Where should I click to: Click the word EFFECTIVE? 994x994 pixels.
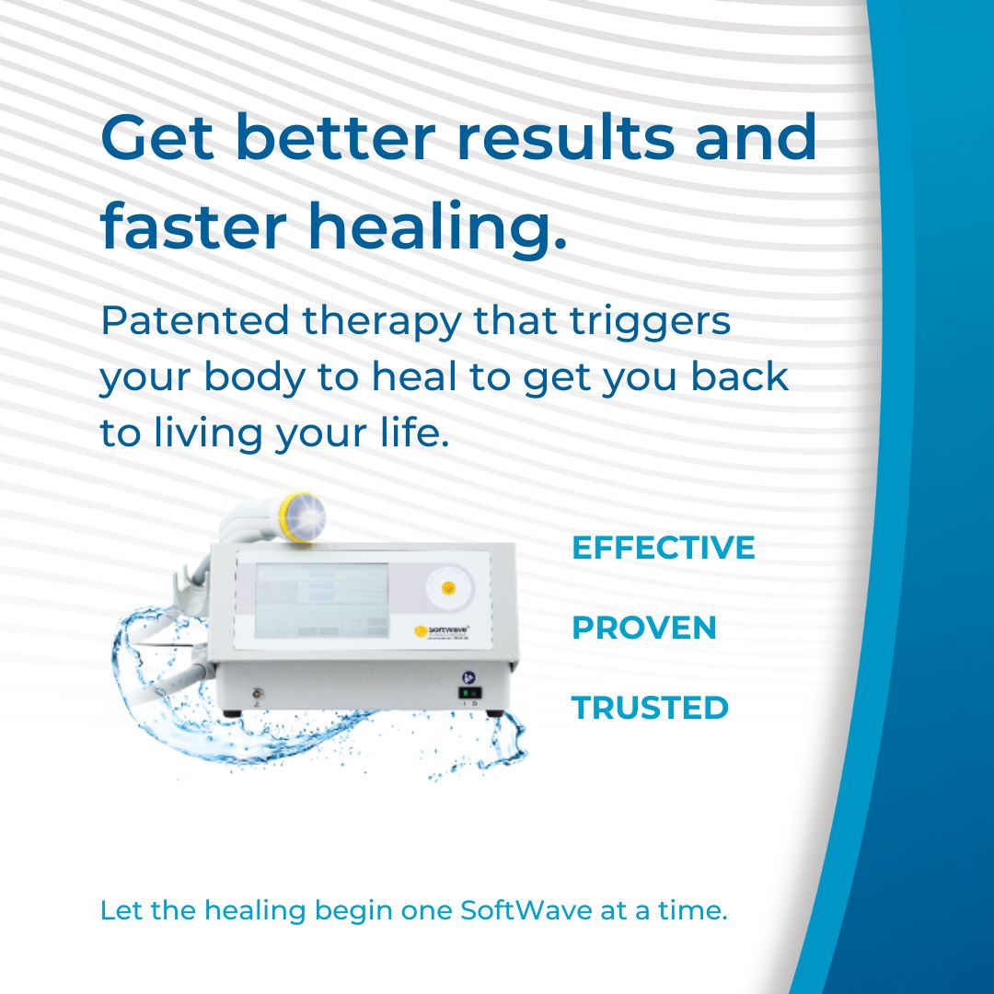(x=663, y=548)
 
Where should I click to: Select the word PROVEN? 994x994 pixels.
(x=644, y=628)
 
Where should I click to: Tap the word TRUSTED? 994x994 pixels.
(x=650, y=708)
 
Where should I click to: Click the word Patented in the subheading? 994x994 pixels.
(x=195, y=320)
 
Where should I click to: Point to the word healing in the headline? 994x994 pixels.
(x=437, y=226)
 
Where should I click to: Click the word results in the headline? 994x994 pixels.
(x=565, y=137)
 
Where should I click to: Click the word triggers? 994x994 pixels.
(x=651, y=322)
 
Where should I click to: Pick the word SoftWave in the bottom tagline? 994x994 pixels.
(x=526, y=910)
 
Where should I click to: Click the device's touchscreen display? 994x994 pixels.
(x=321, y=600)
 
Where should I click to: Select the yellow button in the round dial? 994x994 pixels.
(x=448, y=587)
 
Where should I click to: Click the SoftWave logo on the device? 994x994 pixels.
(x=442, y=630)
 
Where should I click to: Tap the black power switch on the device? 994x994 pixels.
(x=469, y=693)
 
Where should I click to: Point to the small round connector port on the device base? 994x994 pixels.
(x=257, y=694)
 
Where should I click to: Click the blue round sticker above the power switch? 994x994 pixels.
(x=469, y=677)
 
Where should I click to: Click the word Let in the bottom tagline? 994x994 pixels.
(x=121, y=910)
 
